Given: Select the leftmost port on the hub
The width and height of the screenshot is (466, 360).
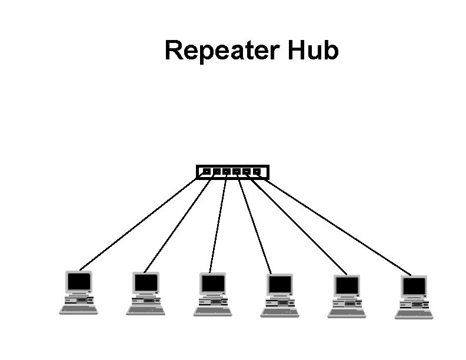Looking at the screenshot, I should coord(207,172).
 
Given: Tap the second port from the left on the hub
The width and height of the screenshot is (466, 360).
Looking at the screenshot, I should coord(217,172).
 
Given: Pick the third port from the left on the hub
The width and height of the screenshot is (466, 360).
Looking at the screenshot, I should coord(227,172).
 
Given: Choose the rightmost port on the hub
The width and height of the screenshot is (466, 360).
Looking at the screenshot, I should coord(257,172).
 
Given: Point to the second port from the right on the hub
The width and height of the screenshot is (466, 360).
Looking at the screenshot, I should coord(247,172).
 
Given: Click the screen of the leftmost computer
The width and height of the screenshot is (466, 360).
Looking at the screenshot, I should coord(79,281).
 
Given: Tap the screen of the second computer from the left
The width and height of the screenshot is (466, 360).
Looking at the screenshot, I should coord(145,283).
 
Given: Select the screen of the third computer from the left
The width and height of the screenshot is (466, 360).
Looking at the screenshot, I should coord(212,284).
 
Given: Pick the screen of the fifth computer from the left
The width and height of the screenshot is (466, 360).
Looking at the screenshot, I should coord(347,286).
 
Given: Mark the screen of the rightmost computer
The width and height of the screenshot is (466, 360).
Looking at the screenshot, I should coord(414,286).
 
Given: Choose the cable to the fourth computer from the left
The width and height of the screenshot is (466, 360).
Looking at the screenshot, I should coord(254,226).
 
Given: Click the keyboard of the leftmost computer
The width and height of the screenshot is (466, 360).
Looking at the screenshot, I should coord(79,311).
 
